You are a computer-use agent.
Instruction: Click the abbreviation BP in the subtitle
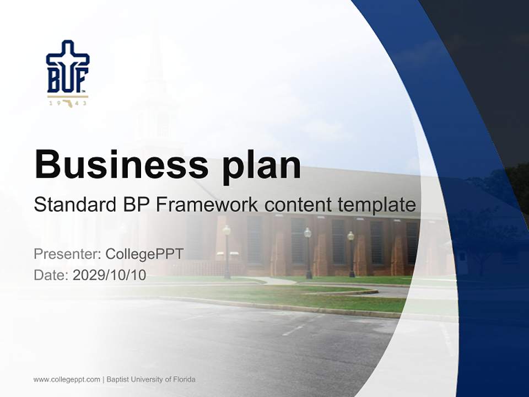(136, 205)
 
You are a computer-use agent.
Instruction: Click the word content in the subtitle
(298, 205)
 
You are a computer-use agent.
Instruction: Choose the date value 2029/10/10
(110, 275)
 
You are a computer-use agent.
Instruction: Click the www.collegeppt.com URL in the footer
(67, 379)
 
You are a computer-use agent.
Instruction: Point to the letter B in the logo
(54, 81)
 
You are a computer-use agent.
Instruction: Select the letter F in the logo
(81, 81)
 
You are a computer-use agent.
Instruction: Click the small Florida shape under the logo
(68, 103)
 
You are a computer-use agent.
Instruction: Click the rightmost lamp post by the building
(351, 254)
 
